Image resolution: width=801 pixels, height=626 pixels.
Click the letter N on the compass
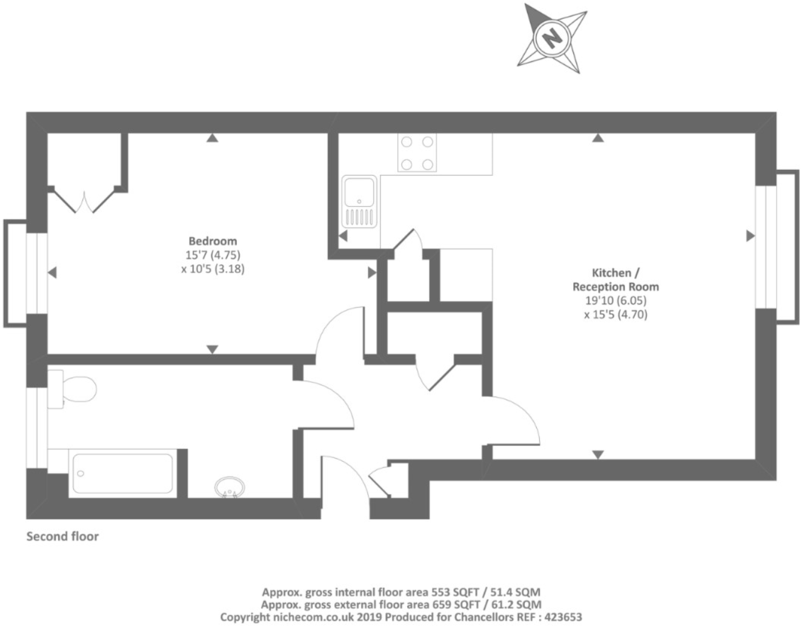pos(552,38)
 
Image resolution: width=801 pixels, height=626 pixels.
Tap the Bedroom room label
pos(213,241)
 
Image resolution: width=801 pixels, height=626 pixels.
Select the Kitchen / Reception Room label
pos(616,280)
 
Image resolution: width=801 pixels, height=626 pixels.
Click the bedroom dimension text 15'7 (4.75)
pos(213,255)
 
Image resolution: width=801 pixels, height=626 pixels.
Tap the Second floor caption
pos(62,536)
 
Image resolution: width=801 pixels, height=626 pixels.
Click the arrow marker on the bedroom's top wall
pos(211,138)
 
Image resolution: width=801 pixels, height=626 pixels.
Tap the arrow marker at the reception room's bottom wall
pos(598,454)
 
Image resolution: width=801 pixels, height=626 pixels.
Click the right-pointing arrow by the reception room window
pos(750,236)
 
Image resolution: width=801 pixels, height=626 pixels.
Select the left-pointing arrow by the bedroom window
pos(53,273)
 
